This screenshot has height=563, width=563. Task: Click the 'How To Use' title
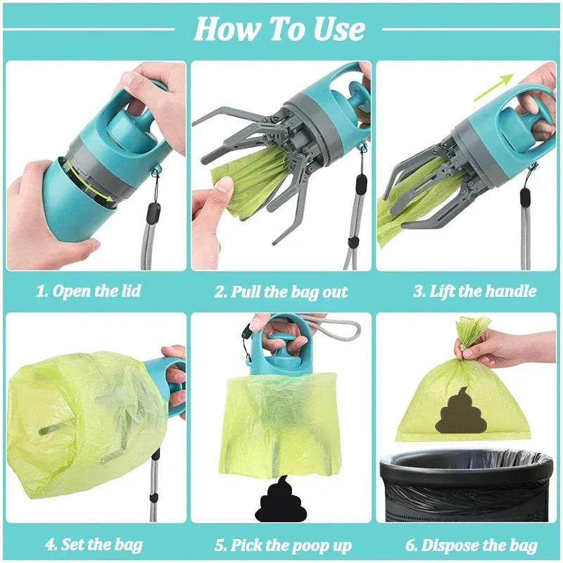[279, 29]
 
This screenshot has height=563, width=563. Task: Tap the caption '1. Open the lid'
[89, 291]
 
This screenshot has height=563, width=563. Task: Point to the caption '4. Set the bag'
[94, 544]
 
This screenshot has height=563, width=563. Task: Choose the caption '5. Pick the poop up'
[282, 545]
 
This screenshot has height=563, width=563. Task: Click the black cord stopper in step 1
[153, 212]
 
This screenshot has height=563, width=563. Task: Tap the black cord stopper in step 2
[360, 184]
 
